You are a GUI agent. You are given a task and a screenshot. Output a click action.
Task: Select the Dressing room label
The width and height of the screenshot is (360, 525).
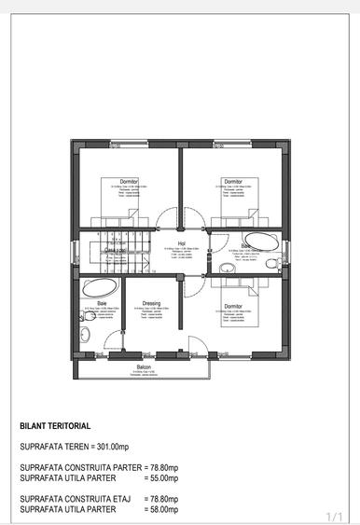pos(152,303)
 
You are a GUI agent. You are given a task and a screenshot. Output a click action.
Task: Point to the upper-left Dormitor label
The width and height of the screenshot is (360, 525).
pos(129,180)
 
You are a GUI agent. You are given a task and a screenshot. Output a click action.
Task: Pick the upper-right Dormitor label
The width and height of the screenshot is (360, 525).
pos(232,180)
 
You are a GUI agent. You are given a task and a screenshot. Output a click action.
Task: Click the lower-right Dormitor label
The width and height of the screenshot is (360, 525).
pos(232,306)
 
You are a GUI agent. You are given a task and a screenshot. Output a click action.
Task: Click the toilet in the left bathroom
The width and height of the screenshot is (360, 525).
pos(85,334)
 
